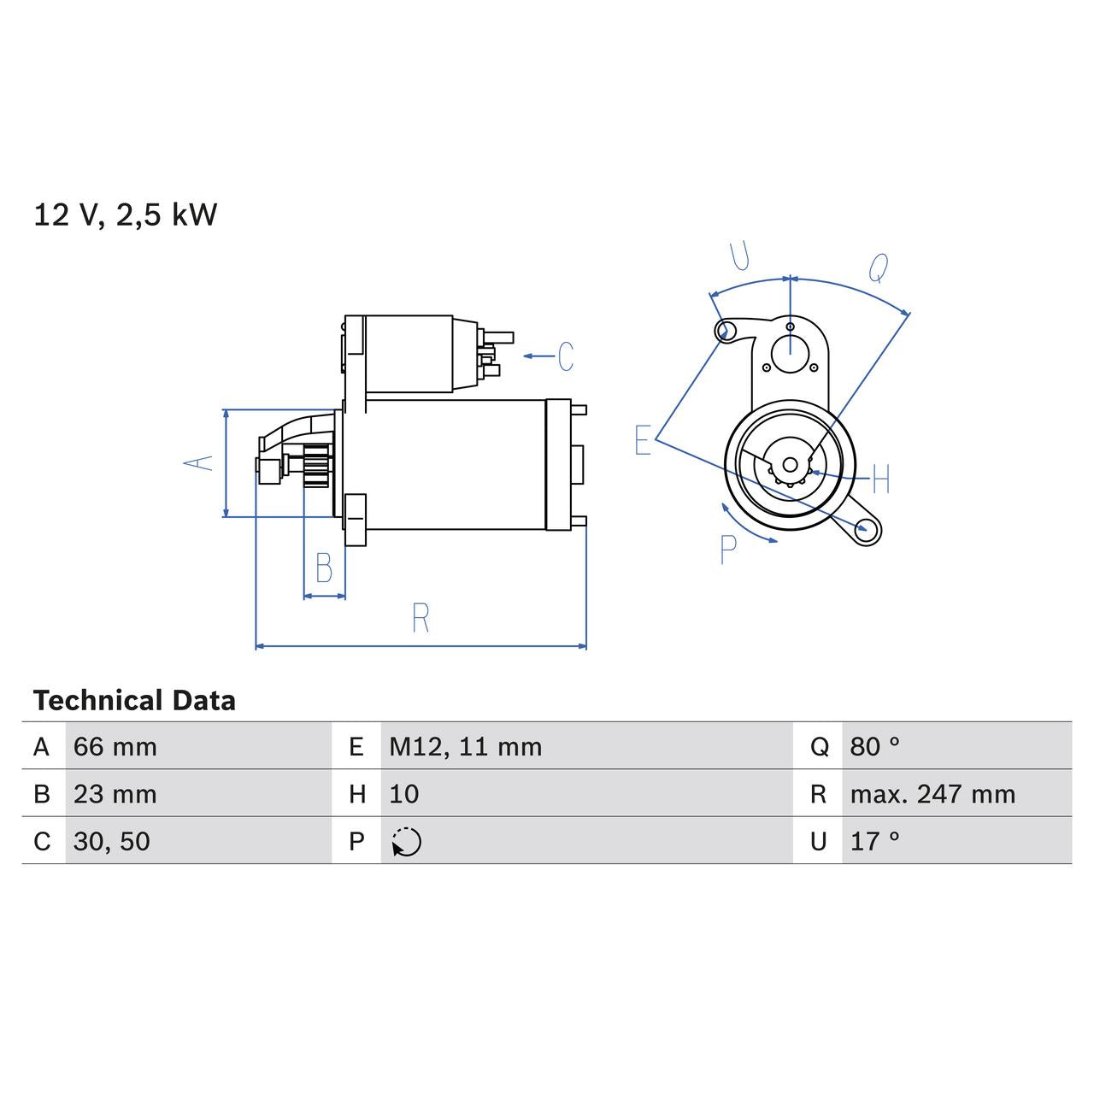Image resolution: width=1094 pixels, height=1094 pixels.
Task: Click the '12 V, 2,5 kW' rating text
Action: pyautogui.click(x=126, y=215)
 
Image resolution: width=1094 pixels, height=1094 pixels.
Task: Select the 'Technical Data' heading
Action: pyautogui.click(x=134, y=701)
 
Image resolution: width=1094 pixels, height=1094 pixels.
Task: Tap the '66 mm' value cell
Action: pyautogui.click(x=115, y=747)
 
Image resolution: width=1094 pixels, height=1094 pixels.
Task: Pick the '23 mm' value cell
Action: pyautogui.click(x=115, y=794)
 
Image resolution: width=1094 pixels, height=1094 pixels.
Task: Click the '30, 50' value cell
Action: pyautogui.click(x=112, y=841)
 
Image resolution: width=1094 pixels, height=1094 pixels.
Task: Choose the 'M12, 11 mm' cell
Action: pyautogui.click(x=466, y=747)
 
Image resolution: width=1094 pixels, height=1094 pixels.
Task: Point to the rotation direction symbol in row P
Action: pyautogui.click(x=407, y=842)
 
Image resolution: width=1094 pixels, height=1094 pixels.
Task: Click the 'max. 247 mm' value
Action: pyautogui.click(x=932, y=794)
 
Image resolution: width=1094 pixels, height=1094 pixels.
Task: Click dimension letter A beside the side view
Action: pyautogui.click(x=199, y=462)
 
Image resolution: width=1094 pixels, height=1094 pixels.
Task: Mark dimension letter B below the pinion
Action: pyautogui.click(x=324, y=568)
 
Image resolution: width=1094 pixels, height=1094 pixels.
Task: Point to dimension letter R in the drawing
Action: pyautogui.click(x=420, y=618)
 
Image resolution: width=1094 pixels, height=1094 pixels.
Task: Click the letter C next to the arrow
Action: pyautogui.click(x=566, y=356)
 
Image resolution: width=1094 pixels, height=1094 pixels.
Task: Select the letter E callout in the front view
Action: pyautogui.click(x=643, y=440)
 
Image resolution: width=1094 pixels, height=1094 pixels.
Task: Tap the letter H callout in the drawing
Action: pyautogui.click(x=881, y=479)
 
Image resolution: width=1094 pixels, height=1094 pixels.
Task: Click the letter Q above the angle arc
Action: pyautogui.click(x=879, y=268)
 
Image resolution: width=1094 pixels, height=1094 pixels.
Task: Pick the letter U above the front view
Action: pyautogui.click(x=740, y=256)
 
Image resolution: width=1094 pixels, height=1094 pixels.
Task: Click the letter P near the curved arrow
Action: pyautogui.click(x=728, y=550)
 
